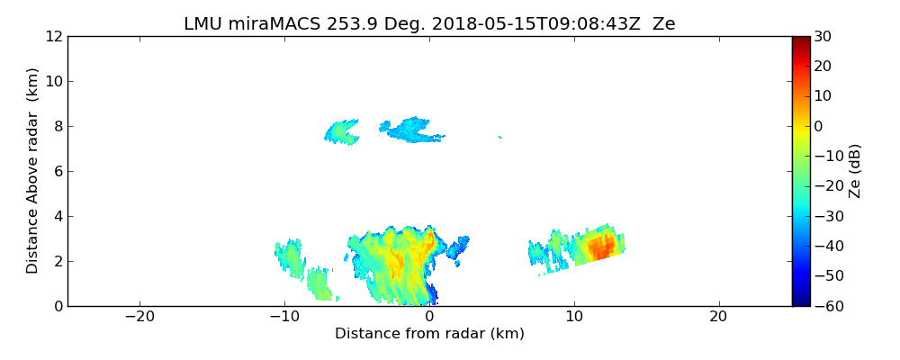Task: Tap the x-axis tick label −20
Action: pyautogui.click(x=139, y=317)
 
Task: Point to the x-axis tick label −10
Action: pyautogui.click(x=284, y=317)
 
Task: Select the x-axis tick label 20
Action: pyautogui.click(x=718, y=317)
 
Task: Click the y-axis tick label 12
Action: pyautogui.click(x=53, y=37)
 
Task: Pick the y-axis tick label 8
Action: pyautogui.click(x=57, y=127)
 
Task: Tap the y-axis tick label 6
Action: pyautogui.click(x=57, y=172)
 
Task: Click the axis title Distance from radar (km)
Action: pyautogui.click(x=429, y=334)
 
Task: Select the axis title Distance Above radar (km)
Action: pyautogui.click(x=32, y=171)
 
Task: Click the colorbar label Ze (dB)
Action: pyautogui.click(x=855, y=171)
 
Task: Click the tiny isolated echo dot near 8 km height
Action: pyautogui.click(x=499, y=137)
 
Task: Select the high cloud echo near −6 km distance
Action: pyautogui.click(x=341, y=132)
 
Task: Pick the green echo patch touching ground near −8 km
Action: pyautogui.click(x=319, y=284)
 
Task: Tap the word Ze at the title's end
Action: pyautogui.click(x=663, y=24)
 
